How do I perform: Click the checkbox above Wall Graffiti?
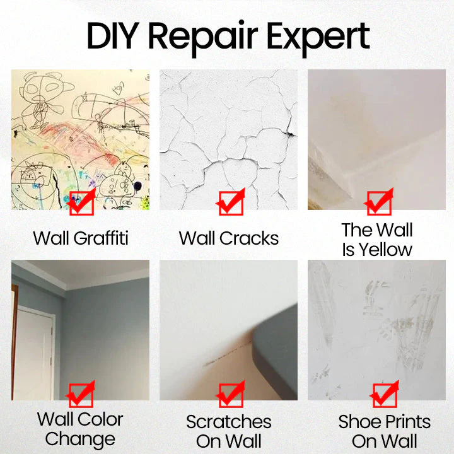[x=81, y=203]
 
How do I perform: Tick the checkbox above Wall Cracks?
[x=230, y=203]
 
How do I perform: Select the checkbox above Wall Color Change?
[x=81, y=395]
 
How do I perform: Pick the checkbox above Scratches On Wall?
[x=230, y=395]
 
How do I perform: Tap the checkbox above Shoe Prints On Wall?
[x=384, y=395]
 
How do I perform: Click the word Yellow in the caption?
[x=385, y=250]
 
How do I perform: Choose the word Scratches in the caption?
[x=229, y=422]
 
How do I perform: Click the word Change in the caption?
[x=80, y=439]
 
